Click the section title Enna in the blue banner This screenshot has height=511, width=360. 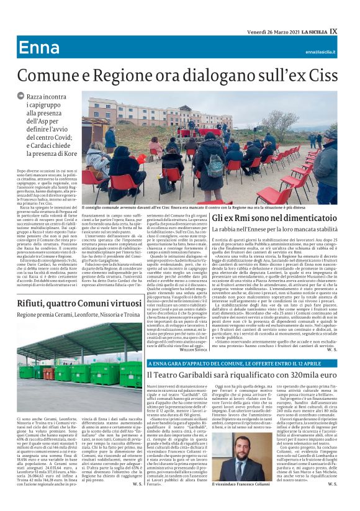[39, 48]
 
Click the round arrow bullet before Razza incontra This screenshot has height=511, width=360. [20, 96]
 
